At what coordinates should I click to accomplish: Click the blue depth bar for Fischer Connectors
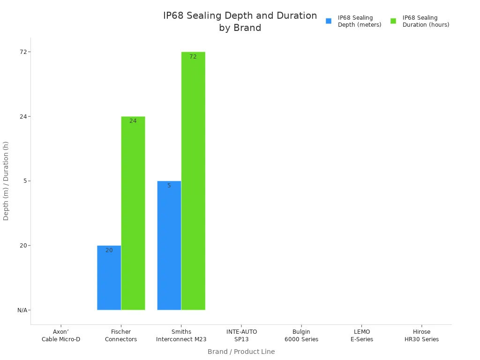109,277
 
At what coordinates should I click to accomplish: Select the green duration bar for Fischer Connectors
133,213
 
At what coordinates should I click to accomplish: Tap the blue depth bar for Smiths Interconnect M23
169,245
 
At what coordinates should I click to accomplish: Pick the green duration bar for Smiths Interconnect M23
193,181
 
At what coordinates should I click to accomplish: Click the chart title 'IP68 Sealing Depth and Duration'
240,22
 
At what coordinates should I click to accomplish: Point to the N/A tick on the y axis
23,310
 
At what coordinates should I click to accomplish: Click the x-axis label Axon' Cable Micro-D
61,336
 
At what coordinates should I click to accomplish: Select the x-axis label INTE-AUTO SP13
241,336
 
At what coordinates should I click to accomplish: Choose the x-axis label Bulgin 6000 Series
301,336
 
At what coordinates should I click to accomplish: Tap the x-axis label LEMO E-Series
362,336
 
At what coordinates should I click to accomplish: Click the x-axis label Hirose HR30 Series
422,336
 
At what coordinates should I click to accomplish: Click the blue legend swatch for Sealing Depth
329,21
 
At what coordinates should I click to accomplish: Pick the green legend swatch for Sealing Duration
393,21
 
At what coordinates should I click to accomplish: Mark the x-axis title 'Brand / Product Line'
241,352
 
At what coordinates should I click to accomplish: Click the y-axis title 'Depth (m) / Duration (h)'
6,180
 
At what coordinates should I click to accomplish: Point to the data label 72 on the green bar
193,57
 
